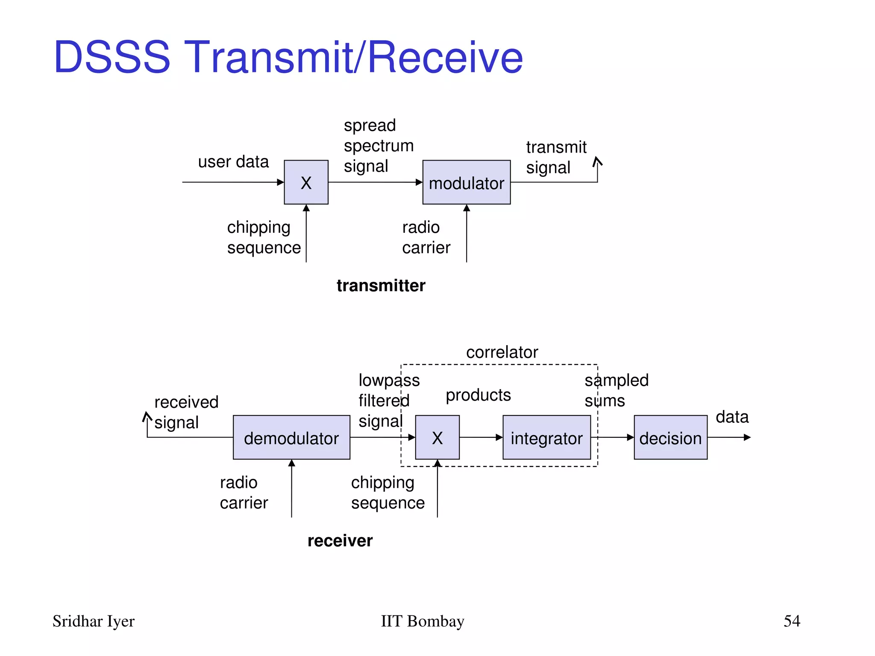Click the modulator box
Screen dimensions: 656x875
(x=466, y=182)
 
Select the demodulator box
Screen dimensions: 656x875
(x=291, y=437)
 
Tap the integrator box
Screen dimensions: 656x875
(x=546, y=437)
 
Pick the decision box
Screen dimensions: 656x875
(x=670, y=437)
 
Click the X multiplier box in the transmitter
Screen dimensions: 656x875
(x=306, y=182)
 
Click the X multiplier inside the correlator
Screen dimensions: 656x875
(x=437, y=437)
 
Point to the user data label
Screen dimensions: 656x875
(x=233, y=162)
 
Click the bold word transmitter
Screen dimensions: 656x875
(x=381, y=285)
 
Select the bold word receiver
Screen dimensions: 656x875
(x=340, y=541)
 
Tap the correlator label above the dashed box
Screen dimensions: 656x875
(x=502, y=352)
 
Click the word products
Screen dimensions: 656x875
(x=478, y=395)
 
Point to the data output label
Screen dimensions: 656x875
(x=732, y=417)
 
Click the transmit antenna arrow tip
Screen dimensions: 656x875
(x=597, y=159)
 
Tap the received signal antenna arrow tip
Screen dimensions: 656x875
(x=147, y=414)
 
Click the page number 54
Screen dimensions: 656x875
(x=792, y=621)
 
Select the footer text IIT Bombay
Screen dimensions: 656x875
(x=422, y=621)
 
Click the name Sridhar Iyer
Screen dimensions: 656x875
(x=93, y=621)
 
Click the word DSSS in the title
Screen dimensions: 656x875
(x=112, y=57)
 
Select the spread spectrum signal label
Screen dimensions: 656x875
(x=379, y=146)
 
